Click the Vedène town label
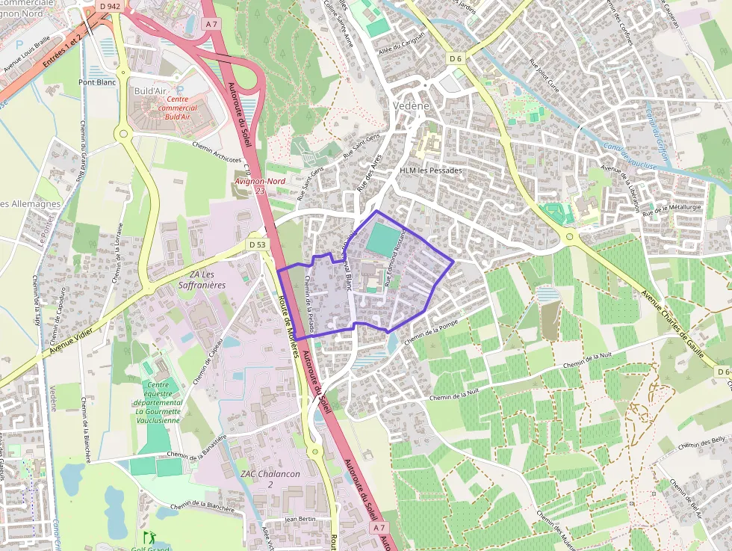coord(412,106)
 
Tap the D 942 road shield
coord(110,6)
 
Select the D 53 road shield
coord(258,244)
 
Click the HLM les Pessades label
coord(431,170)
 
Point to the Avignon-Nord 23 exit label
coord(250,185)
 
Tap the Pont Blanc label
coord(97,82)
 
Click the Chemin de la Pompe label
coord(430,330)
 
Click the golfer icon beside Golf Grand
coord(147,537)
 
